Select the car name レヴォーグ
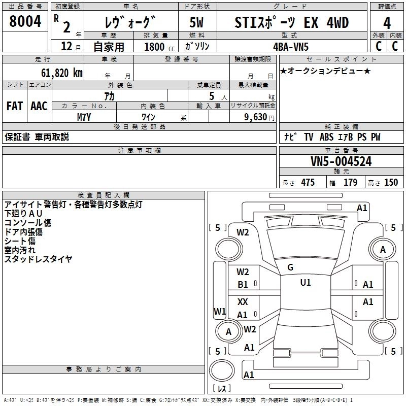click(x=130, y=22)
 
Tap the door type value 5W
click(x=197, y=23)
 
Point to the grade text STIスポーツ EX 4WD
click(x=292, y=23)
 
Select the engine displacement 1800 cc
click(x=157, y=47)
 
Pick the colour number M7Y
click(x=84, y=117)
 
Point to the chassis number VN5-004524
click(x=341, y=162)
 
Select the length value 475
click(x=307, y=183)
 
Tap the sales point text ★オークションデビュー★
click(x=325, y=71)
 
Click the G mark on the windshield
click(x=290, y=267)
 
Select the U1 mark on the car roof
click(x=305, y=282)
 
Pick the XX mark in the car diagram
click(x=243, y=301)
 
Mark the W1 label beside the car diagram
click(x=219, y=311)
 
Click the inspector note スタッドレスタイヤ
click(x=38, y=259)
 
